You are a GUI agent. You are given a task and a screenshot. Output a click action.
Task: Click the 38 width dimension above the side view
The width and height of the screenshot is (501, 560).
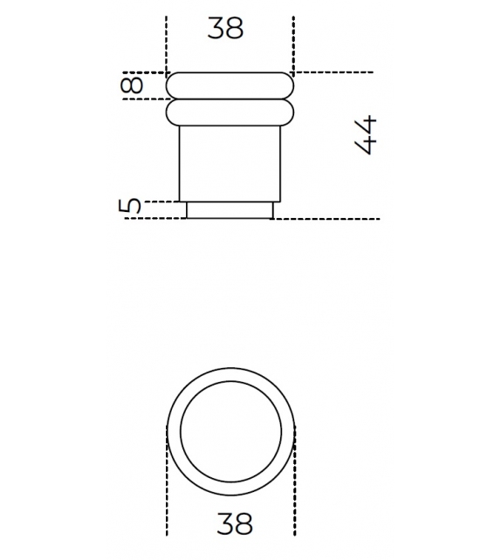[225, 28]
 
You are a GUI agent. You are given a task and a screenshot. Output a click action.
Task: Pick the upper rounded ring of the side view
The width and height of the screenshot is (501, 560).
[230, 85]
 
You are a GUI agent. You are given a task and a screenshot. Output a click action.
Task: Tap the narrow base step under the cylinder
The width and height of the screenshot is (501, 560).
[230, 209]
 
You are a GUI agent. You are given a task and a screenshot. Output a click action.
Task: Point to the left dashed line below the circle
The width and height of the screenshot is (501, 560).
[166, 497]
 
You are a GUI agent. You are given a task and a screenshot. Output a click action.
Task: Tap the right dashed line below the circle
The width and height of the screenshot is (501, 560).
[296, 497]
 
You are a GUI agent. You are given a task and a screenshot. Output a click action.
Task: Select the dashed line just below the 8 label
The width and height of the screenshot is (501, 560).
[148, 99]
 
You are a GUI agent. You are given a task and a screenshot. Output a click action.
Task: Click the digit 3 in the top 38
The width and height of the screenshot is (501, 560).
[216, 28]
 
